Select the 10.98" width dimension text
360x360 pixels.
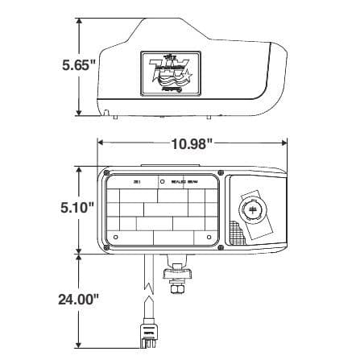pyautogui.click(x=192, y=143)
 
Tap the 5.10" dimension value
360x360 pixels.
pyautogui.click(x=77, y=207)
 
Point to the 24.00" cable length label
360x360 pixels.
pyautogui.click(x=78, y=299)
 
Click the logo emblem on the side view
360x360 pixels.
pyautogui.click(x=168, y=76)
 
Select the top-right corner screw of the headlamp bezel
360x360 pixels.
pyautogui.click(x=217, y=172)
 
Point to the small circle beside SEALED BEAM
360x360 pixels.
pyautogui.click(x=163, y=183)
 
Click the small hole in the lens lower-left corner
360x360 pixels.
pyautogui.click(x=116, y=238)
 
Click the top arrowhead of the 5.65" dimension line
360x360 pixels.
pyautogui.click(x=78, y=21)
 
